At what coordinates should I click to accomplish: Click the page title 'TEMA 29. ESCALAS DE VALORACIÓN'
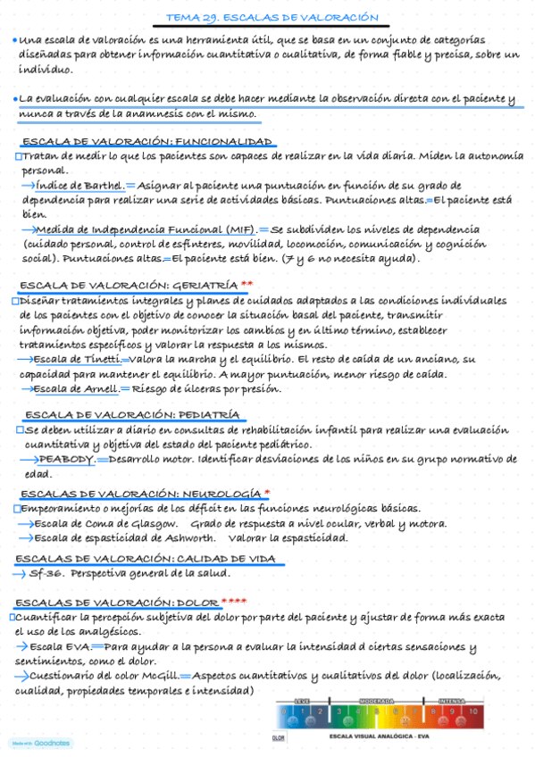pyautogui.click(x=272, y=18)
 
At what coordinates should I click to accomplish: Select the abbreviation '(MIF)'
pyautogui.click(x=237, y=229)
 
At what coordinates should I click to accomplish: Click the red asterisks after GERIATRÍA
pyautogui.click(x=247, y=285)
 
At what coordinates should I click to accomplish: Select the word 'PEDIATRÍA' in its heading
pyautogui.click(x=208, y=414)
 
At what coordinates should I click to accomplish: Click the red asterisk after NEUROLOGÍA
pyautogui.click(x=267, y=493)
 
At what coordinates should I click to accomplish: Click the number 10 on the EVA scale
pyautogui.click(x=472, y=712)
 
